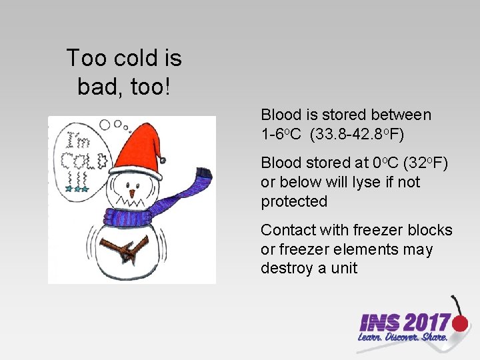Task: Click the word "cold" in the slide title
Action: click(x=130, y=59)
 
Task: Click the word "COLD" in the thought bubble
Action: click(x=85, y=161)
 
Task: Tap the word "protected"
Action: click(x=294, y=201)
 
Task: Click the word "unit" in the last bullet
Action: click(x=343, y=269)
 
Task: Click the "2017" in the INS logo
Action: click(x=425, y=323)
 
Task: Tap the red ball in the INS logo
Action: click(x=460, y=323)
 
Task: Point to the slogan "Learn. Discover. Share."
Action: click(x=402, y=338)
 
